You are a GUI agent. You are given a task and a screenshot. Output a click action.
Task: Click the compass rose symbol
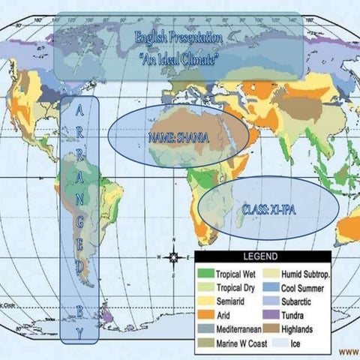174,256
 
